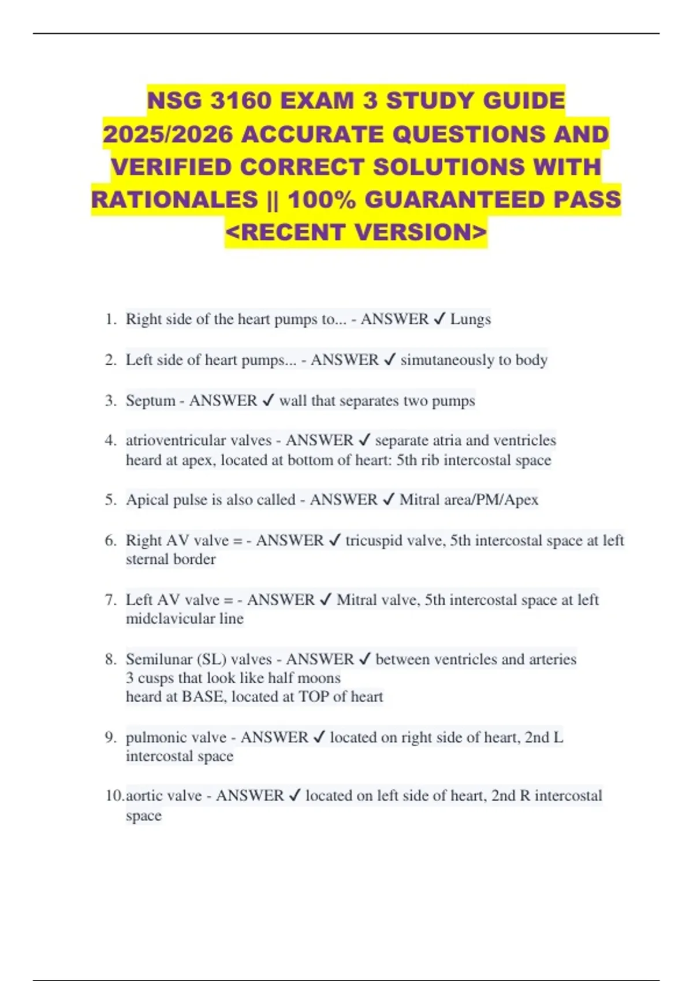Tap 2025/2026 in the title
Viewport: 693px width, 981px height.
168,134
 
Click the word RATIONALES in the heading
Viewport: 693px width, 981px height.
174,200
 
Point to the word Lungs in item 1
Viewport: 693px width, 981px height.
471,319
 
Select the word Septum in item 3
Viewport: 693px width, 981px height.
150,400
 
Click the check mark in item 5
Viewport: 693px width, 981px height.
389,500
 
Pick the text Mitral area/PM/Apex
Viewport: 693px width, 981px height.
469,500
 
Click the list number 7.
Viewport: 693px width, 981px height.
110,600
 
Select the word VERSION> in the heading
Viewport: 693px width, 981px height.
421,233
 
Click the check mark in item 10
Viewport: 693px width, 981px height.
295,796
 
